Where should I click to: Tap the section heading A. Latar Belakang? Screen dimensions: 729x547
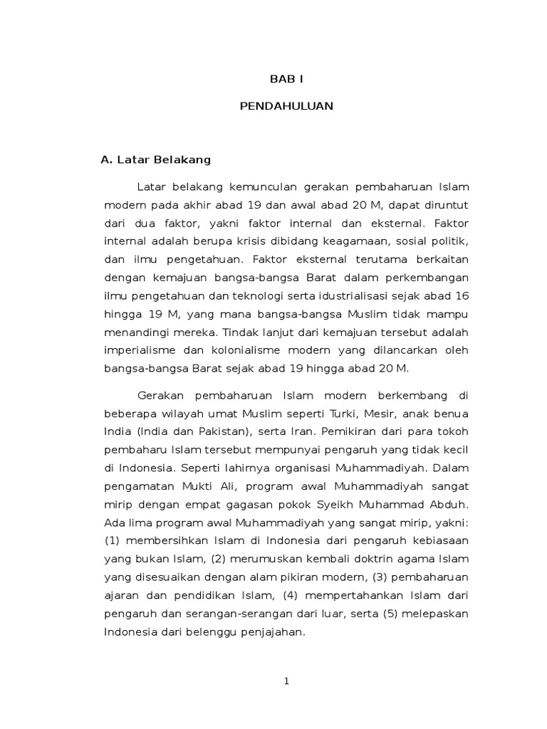[156, 159]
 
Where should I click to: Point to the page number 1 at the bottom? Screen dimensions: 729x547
[286, 681]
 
